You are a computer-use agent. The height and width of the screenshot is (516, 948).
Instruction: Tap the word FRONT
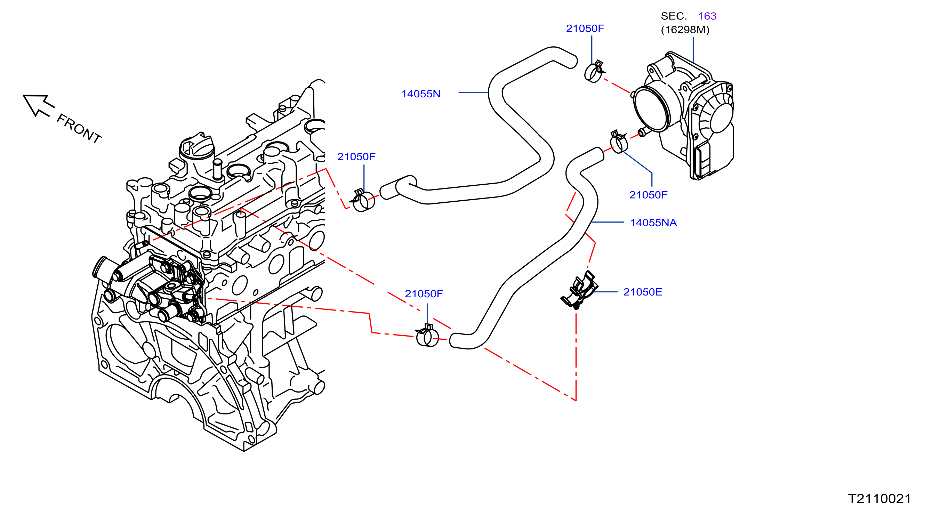[x=79, y=128]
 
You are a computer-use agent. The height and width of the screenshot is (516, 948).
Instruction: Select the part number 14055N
[x=421, y=94]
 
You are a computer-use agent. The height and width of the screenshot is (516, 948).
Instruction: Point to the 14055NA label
[x=653, y=223]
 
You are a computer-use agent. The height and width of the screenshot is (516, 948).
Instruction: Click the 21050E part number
[x=643, y=292]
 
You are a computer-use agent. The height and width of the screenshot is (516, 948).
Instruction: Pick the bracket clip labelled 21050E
[x=579, y=290]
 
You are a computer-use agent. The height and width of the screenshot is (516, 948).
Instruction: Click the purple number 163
[x=707, y=16]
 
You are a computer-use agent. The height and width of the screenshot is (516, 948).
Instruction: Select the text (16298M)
[x=685, y=30]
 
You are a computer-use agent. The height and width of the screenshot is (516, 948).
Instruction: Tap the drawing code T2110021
[x=879, y=499]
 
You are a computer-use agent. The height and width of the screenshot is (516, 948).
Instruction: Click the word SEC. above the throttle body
[x=674, y=16]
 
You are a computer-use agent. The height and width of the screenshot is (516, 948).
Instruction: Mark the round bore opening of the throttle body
[x=651, y=109]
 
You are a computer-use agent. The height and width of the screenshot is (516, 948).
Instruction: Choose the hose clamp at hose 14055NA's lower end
[x=427, y=336]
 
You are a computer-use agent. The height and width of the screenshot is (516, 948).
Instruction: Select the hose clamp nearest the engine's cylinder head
[x=363, y=201]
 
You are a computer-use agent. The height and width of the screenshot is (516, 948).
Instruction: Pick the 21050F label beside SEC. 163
[x=585, y=29]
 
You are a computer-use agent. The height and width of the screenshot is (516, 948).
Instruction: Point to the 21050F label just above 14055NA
[x=648, y=195]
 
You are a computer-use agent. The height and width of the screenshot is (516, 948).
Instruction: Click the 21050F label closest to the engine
[x=356, y=157]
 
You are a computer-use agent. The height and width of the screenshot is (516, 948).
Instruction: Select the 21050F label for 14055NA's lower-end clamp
[x=424, y=294]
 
